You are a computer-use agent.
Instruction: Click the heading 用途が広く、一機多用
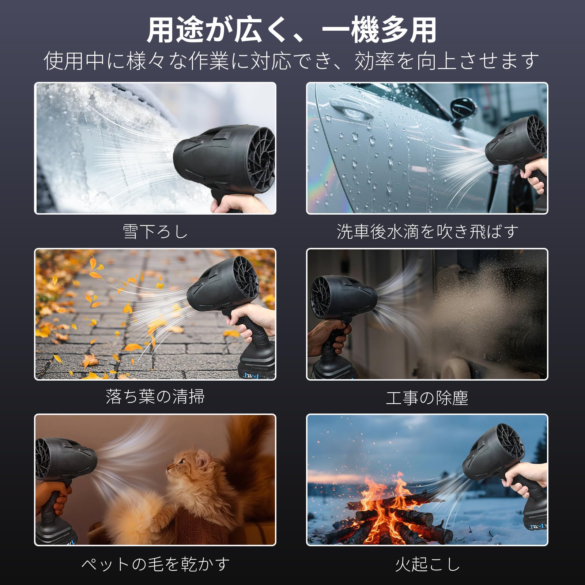point(292,30)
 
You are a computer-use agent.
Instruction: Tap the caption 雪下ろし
point(155,232)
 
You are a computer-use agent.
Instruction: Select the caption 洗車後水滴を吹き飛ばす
point(427,232)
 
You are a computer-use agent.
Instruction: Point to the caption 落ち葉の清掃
point(155,397)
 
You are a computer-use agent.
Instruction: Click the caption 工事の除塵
point(427,398)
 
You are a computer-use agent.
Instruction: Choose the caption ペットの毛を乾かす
point(155,565)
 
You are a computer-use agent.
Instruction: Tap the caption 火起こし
point(427,565)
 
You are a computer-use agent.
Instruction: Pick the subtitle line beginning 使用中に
point(292,61)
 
